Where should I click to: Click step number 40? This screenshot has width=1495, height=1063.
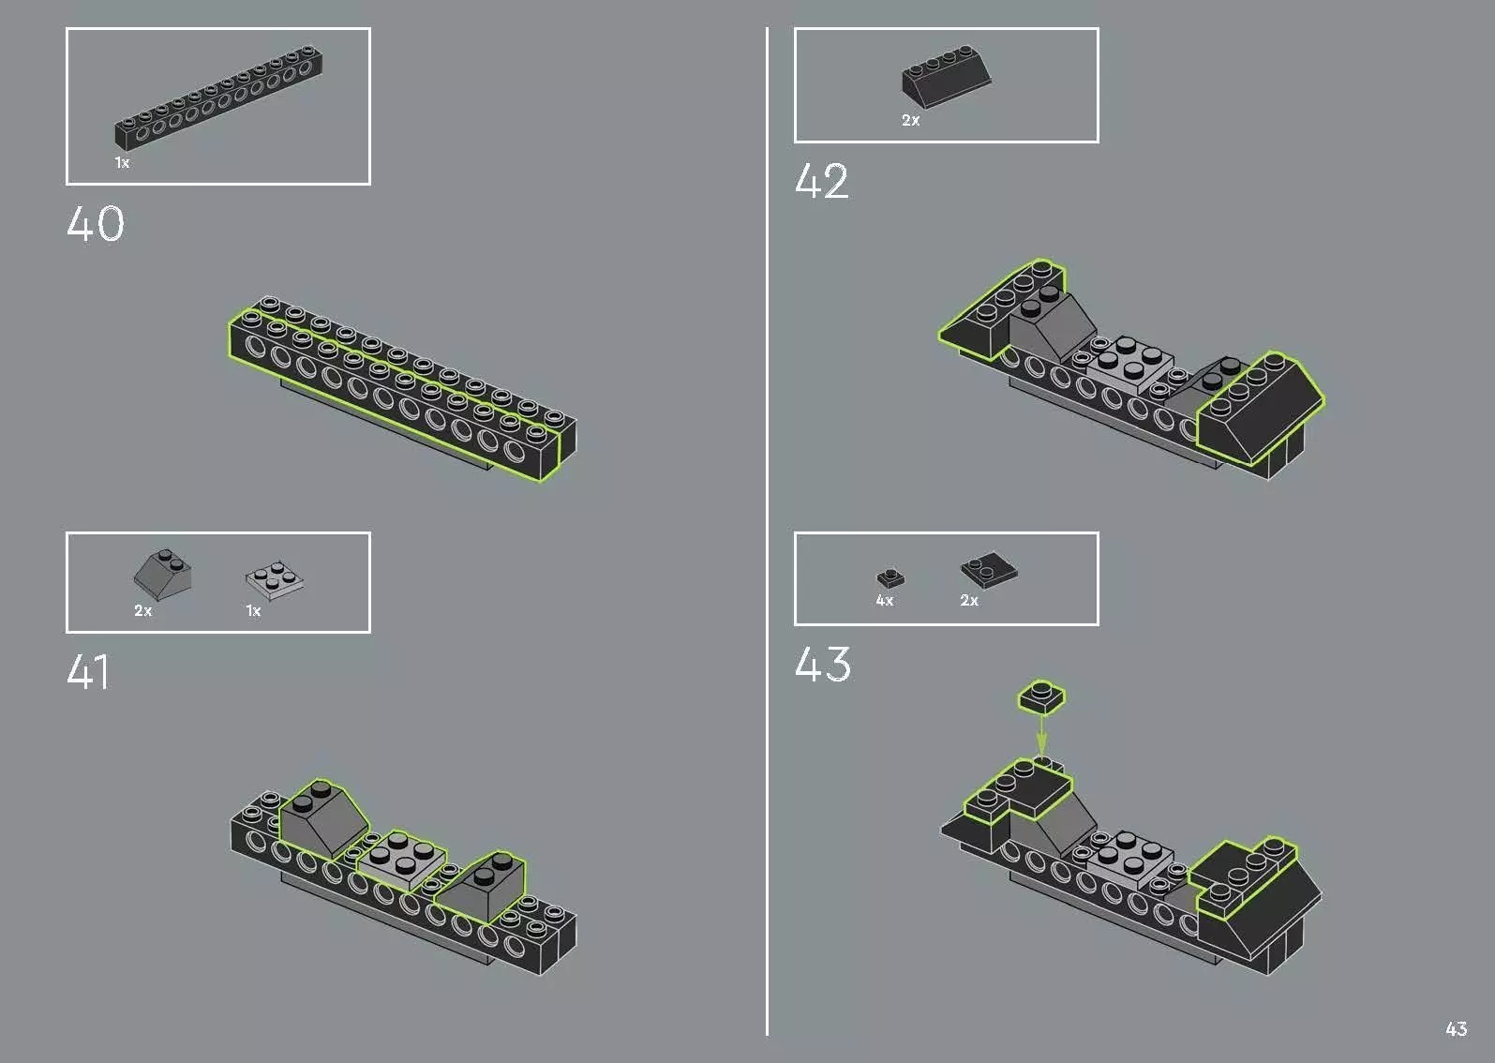coord(96,225)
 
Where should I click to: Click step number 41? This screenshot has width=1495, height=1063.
coord(88,672)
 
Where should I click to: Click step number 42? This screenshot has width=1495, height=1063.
coord(822,182)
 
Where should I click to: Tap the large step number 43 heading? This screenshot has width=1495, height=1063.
coord(823,665)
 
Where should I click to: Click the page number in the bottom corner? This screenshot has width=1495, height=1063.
coord(1456,1029)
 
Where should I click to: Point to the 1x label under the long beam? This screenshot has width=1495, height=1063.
coord(122,163)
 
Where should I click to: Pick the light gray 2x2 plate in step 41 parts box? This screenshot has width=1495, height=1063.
coord(275,580)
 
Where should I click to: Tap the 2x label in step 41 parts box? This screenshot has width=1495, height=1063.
coord(142,611)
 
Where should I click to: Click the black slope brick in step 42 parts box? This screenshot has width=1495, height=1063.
coord(946,77)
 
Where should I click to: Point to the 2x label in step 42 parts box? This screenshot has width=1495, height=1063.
coord(910,121)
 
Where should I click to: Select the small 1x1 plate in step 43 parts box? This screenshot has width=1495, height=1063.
coord(890,577)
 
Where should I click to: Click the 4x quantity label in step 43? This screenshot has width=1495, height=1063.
coord(884,601)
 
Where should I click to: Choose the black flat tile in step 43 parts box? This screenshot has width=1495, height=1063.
coord(989,569)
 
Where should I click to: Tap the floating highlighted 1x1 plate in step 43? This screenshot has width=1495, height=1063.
coord(1041,697)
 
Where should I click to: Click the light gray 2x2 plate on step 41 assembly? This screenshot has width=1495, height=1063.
coord(403,858)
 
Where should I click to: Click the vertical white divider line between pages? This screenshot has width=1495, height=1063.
coord(767,525)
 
